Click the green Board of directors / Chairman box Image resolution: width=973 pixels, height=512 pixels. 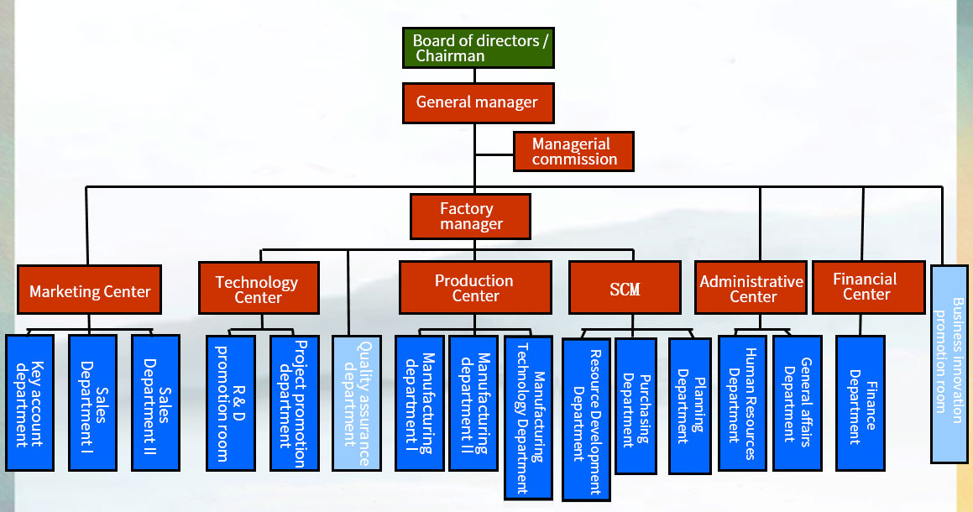pos(478,48)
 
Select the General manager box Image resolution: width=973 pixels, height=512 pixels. pos(477,102)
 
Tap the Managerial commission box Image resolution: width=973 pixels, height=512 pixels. pos(573,151)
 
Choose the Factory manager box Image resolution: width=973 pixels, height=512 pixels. pos(471,216)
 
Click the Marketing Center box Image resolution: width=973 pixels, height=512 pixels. pos(90,290)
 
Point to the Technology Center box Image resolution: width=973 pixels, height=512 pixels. pos(259,289)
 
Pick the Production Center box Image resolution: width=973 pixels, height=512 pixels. pos(475,288)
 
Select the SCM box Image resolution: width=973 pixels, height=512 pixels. pos(625,289)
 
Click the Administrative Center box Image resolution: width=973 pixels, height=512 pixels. pos(751,288)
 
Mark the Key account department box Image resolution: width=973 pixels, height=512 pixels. pos(30,403)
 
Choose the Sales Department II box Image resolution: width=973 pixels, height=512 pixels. pos(155,403)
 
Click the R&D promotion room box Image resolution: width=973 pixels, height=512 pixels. pos(231,403)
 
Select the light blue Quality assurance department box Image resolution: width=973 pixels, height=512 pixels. pos(357,403)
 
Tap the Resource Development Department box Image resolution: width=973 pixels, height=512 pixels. pos(586,418)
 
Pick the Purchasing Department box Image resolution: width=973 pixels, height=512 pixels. pos(636,405)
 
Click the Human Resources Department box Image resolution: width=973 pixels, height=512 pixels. pos(742,403)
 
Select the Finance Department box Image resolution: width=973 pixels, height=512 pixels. pos(861,403)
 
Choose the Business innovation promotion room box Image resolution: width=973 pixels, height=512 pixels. pos(949,363)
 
